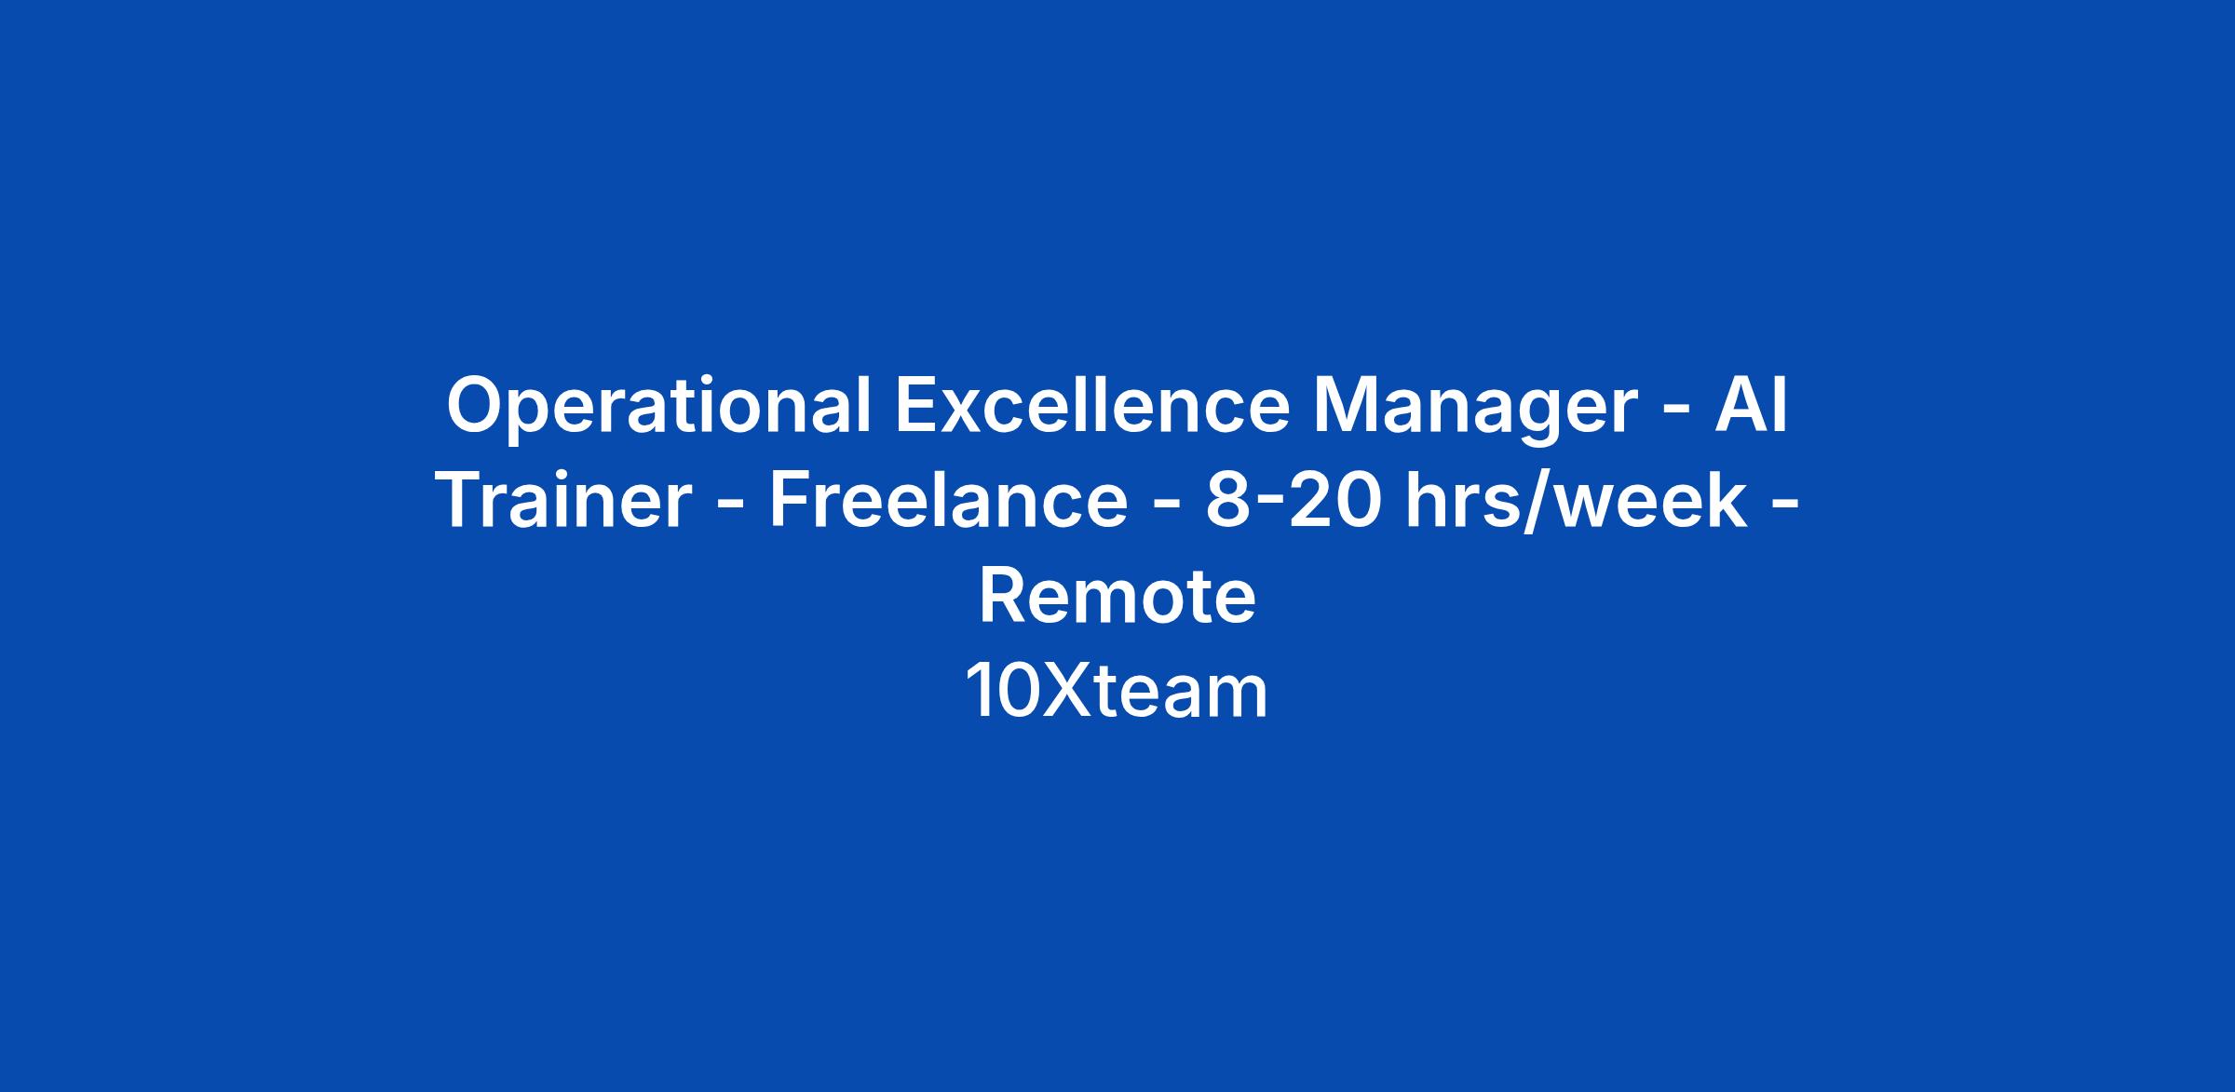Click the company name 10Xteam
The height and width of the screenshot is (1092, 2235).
point(1117,691)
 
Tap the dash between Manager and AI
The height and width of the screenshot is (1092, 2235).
point(1676,411)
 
